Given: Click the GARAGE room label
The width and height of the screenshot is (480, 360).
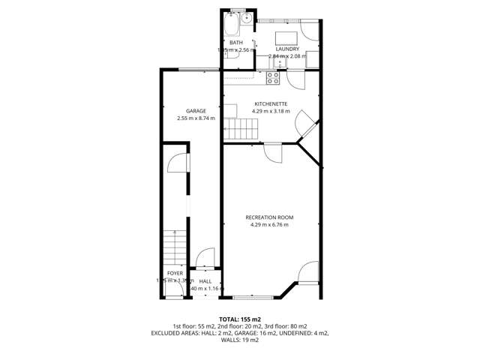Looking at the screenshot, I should pos(196,110).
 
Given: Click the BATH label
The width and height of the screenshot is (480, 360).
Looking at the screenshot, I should pos(235,43).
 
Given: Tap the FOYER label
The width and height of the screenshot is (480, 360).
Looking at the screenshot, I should pos(175,273).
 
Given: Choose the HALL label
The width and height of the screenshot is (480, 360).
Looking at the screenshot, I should pos(205,280).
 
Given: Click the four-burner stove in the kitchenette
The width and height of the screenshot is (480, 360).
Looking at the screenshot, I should pos(274,75).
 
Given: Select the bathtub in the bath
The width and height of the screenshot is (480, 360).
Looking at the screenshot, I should pos(230,26).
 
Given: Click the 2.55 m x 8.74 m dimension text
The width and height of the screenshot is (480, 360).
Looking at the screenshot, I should pos(196,118).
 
